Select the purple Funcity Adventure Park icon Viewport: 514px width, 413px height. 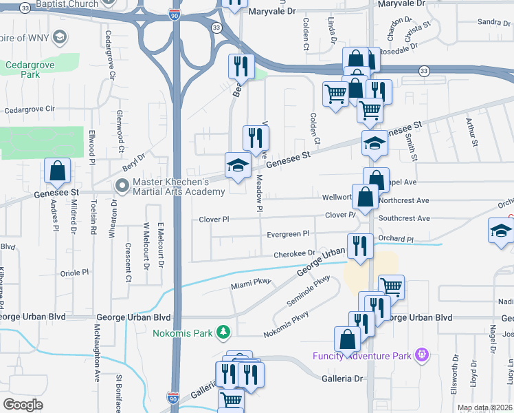coord(421,355)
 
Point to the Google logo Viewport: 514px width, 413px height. coord(23,405)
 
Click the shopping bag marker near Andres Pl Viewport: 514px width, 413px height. coord(58,172)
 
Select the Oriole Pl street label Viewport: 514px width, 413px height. coord(76,272)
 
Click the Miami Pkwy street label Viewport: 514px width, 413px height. coord(252,283)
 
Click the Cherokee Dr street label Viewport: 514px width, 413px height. coord(294,254)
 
